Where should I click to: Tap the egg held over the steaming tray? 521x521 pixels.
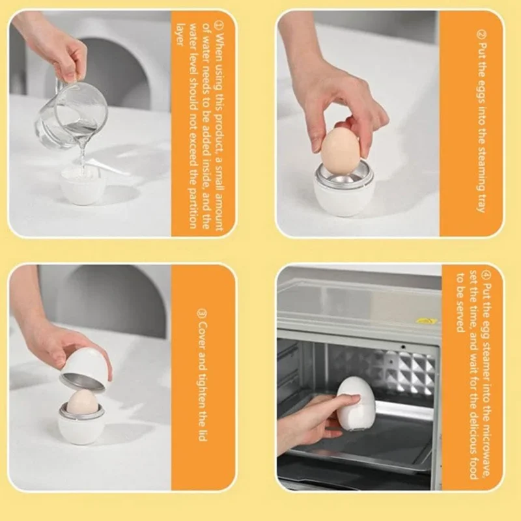341,150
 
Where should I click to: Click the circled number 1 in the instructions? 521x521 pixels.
218,25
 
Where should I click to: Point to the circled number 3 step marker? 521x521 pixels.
203,314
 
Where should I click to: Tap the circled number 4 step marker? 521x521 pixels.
486,275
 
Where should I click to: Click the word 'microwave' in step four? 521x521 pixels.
486,449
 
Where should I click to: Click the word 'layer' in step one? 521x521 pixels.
180,35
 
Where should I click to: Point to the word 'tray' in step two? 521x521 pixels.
481,201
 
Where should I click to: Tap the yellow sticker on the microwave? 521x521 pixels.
426,320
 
